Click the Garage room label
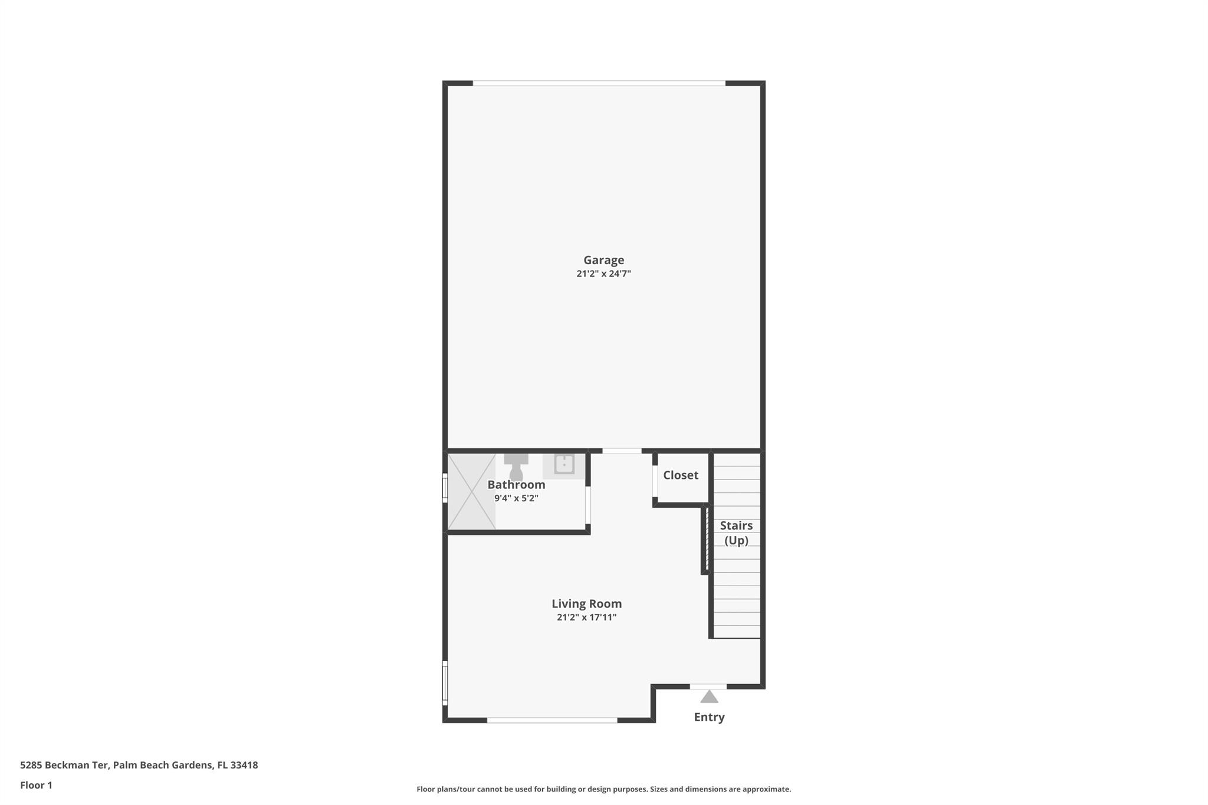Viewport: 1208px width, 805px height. (x=603, y=260)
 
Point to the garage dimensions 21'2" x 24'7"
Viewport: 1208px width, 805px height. (x=603, y=274)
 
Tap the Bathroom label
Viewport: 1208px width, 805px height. (x=516, y=485)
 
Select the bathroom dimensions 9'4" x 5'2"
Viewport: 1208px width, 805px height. (x=516, y=498)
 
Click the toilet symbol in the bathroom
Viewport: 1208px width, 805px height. (x=516, y=466)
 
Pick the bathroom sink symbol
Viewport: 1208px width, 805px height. (x=564, y=464)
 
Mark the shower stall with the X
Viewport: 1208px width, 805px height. (x=471, y=491)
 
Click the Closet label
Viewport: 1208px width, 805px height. (x=680, y=475)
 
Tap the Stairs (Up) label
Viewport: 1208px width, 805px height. (x=736, y=533)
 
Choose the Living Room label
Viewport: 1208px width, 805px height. (x=586, y=604)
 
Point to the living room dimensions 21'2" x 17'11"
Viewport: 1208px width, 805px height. (x=586, y=617)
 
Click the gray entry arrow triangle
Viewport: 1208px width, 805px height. (x=709, y=697)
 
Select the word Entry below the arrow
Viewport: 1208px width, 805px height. (x=709, y=717)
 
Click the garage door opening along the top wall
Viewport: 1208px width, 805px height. (x=599, y=84)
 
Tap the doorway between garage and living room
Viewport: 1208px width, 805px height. (x=622, y=451)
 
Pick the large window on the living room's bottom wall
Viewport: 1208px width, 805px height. (x=552, y=720)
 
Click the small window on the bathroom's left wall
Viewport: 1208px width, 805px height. (x=445, y=489)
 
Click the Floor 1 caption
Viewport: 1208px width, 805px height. (x=36, y=785)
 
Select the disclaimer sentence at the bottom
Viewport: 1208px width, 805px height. (x=603, y=789)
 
